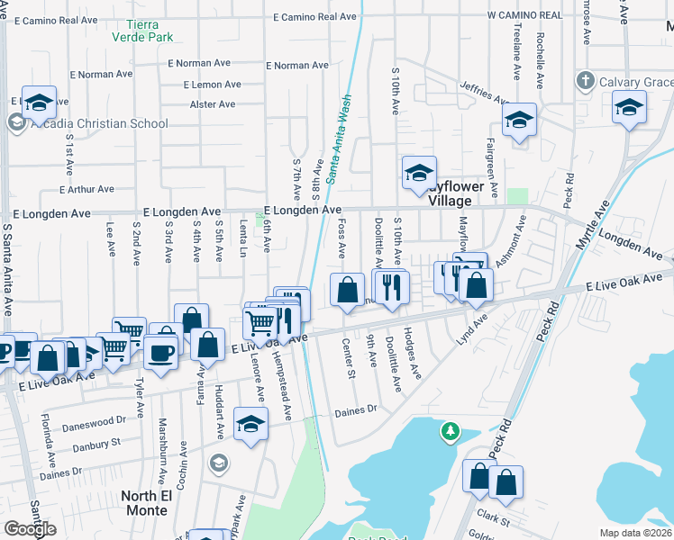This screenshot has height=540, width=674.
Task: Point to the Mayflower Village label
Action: tap(456, 193)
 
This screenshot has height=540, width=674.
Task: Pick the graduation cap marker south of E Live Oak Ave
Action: tap(250, 424)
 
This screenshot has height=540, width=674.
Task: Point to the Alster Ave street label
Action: tap(214, 104)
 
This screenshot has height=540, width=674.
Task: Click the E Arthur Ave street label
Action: tap(87, 189)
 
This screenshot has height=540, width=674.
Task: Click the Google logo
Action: tap(31, 529)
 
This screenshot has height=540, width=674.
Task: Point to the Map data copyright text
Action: tap(636, 533)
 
